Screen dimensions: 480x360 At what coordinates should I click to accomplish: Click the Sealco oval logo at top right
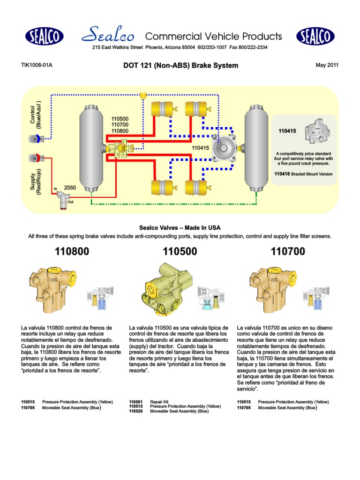[315, 36]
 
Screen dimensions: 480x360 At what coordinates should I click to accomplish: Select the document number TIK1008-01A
[37, 65]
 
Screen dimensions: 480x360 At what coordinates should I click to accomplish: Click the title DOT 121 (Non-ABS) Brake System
[180, 66]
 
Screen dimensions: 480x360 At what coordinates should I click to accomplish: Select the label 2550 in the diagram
[69, 187]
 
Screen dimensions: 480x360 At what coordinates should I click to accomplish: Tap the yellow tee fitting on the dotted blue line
[143, 96]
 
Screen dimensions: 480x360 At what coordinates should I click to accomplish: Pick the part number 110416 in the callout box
[283, 173]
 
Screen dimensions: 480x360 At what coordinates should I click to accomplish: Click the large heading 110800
[72, 252]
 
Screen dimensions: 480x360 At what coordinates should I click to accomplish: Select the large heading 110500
[180, 252]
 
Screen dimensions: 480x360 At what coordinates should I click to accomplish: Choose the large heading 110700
[288, 252]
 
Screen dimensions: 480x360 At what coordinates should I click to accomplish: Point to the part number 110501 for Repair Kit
[135, 402]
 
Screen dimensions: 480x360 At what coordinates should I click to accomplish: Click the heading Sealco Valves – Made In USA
[180, 227]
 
